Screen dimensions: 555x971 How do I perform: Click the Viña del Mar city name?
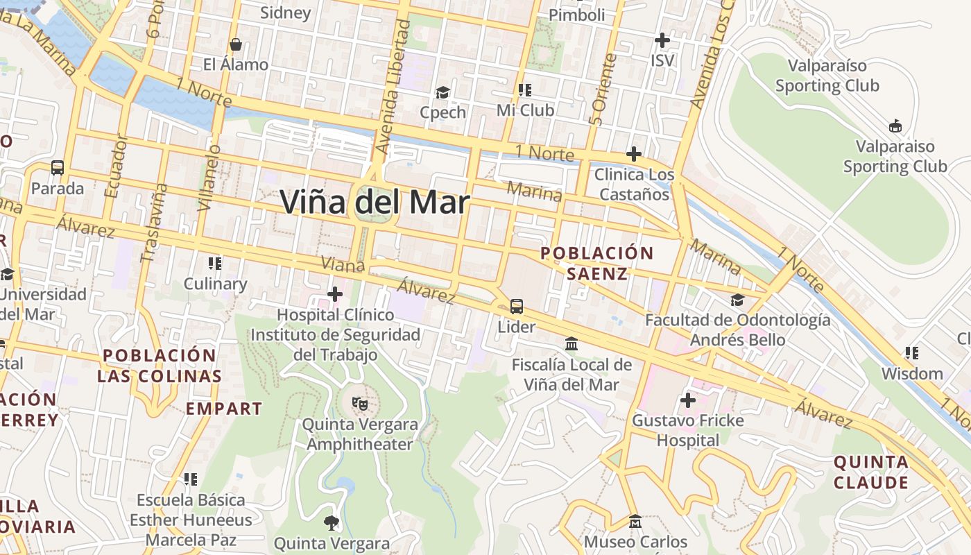pyautogui.click(x=375, y=203)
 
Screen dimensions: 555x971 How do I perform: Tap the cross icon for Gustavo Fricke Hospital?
pyautogui.click(x=688, y=400)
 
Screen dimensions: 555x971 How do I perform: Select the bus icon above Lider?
pyautogui.click(x=517, y=306)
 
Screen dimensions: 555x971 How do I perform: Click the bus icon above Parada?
pyautogui.click(x=58, y=168)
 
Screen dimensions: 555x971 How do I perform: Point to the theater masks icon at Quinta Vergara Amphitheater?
pyautogui.click(x=359, y=402)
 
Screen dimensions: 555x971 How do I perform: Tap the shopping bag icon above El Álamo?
pyautogui.click(x=236, y=44)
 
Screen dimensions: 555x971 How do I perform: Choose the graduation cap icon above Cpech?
pyautogui.click(x=442, y=92)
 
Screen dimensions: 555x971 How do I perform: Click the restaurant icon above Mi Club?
pyautogui.click(x=525, y=90)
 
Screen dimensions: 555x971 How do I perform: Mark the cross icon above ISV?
pyautogui.click(x=662, y=40)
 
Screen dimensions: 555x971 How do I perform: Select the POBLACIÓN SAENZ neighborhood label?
pyautogui.click(x=597, y=263)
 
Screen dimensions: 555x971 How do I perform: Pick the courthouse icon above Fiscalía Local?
pyautogui.click(x=572, y=343)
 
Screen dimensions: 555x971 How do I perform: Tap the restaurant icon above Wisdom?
pyautogui.click(x=912, y=353)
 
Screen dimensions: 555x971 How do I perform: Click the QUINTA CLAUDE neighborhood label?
pyautogui.click(x=871, y=472)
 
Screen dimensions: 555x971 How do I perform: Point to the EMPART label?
pyautogui.click(x=224, y=409)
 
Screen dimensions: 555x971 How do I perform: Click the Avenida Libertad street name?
pyautogui.click(x=393, y=87)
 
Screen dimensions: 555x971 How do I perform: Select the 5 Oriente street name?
pyautogui.click(x=601, y=89)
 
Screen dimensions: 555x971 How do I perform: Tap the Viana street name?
pyautogui.click(x=343, y=264)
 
